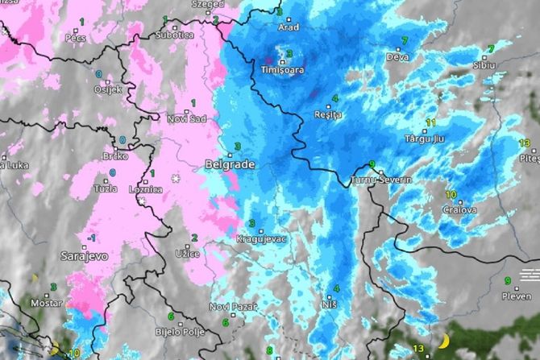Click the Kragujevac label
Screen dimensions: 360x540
[x=258, y=239]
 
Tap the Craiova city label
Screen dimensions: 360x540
[x=459, y=209]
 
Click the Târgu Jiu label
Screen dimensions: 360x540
[x=424, y=139]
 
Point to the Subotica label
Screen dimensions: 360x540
[x=175, y=35]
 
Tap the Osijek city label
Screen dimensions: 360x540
[x=108, y=89]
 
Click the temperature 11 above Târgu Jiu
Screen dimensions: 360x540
[x=430, y=123]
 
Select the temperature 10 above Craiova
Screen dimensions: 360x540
[x=451, y=195]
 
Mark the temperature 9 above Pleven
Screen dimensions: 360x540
[x=508, y=281]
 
